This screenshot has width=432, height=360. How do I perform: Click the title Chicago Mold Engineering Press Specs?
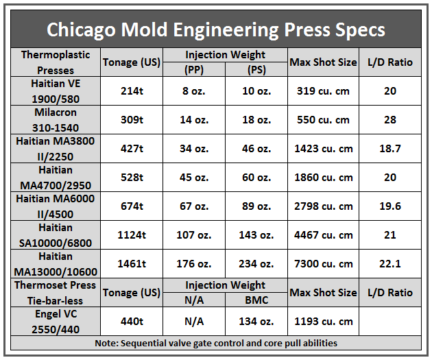coord(215,30)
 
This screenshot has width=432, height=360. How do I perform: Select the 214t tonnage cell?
coord(132,91)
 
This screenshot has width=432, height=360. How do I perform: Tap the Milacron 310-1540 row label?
coord(56,119)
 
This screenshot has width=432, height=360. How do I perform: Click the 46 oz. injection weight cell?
coord(256,148)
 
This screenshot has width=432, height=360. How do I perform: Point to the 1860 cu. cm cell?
coord(324,177)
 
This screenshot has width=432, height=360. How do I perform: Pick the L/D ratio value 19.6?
coord(390,206)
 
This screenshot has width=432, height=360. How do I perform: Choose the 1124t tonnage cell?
coord(132,235)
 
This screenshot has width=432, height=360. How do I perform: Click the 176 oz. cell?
coord(194,263)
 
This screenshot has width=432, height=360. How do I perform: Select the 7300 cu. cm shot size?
coord(324,263)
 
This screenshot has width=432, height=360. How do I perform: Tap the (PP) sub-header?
coord(194,69)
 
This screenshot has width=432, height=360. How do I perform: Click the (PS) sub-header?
coord(256,69)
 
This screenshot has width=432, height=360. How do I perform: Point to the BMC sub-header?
coord(256,300)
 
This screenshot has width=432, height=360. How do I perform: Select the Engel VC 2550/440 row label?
coord(56,321)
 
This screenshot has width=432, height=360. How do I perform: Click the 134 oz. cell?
coord(256,321)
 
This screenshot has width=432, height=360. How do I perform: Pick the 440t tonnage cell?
coord(132,321)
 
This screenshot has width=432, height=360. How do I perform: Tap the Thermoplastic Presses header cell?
coord(56,62)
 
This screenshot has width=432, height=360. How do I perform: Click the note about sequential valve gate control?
coord(215,343)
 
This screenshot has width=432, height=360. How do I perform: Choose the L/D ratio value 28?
coord(390,119)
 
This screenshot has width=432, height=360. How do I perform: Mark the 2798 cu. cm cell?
coord(324,206)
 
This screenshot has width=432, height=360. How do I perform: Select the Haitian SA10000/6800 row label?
coord(56,235)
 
